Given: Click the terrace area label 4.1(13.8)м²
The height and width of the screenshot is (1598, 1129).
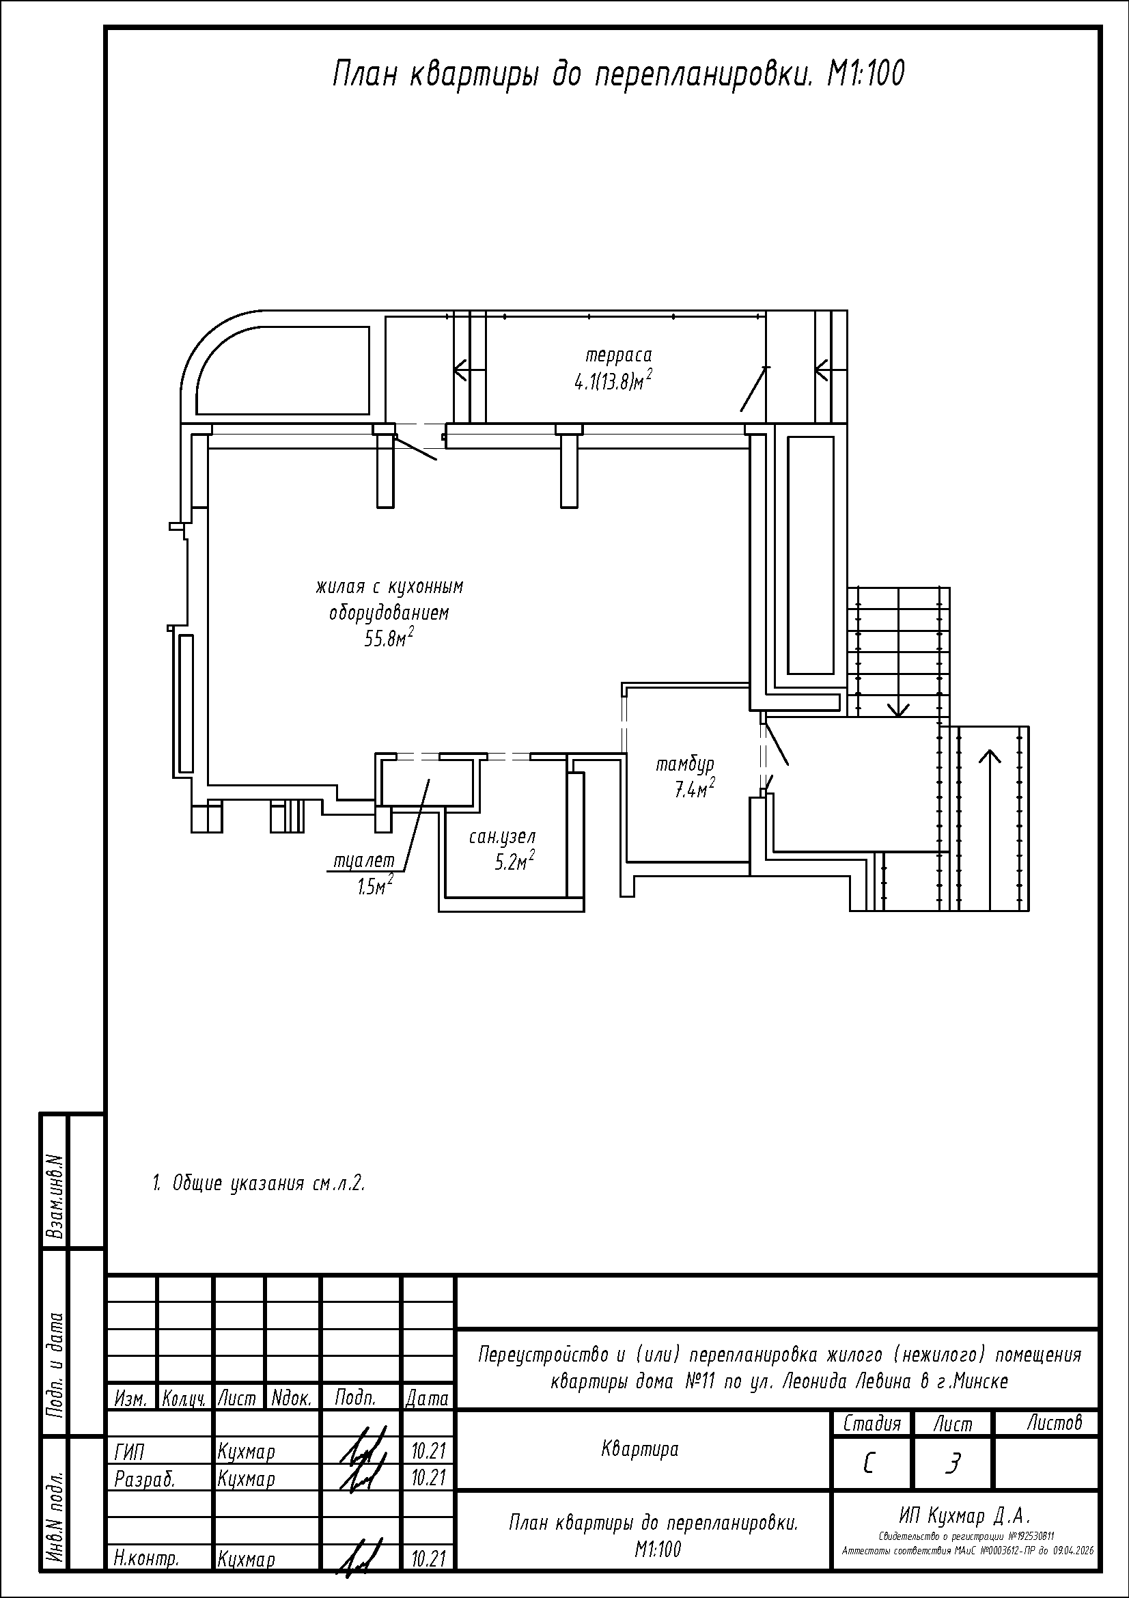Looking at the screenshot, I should coord(612,382).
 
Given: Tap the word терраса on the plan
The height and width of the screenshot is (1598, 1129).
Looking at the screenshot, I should coord(618,357).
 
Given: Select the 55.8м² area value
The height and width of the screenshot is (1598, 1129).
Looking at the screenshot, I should coord(389,638).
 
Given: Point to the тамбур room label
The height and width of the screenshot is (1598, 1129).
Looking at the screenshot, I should coord(685,766).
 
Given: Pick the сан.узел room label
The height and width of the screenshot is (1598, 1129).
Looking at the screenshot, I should coord(502,838).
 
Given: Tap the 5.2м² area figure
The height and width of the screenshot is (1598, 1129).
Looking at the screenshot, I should coord(514,863).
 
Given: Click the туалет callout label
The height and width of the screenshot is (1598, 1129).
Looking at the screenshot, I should coord(365,861).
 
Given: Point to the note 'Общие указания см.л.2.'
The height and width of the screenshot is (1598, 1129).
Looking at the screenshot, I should coord(259,1183).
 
